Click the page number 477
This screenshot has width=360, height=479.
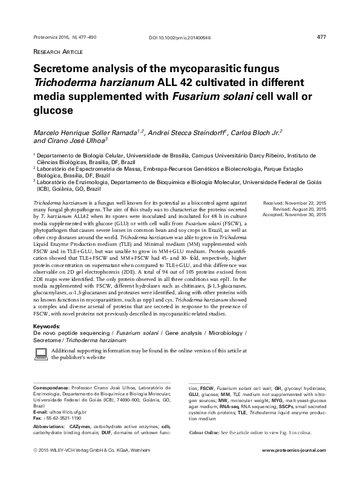[x=321, y=37]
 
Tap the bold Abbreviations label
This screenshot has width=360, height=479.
[x=48, y=427]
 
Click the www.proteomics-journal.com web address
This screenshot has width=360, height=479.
[x=293, y=469]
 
